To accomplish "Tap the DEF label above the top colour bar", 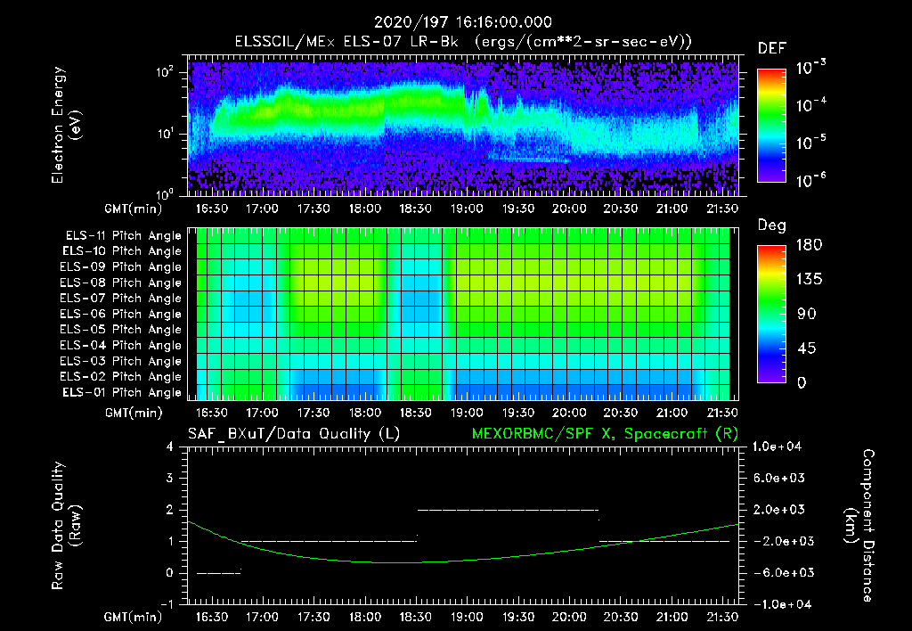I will coord(771,48).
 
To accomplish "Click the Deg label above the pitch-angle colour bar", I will coord(771,225).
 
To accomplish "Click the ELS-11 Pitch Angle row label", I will coord(121,236).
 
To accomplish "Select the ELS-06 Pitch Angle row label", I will coord(121,315).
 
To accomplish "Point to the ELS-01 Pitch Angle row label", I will coord(121,393).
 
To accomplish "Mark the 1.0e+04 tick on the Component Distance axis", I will coord(781,447).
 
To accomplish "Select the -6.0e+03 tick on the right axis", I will coord(779,572).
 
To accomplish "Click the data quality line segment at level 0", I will coord(219,572).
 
